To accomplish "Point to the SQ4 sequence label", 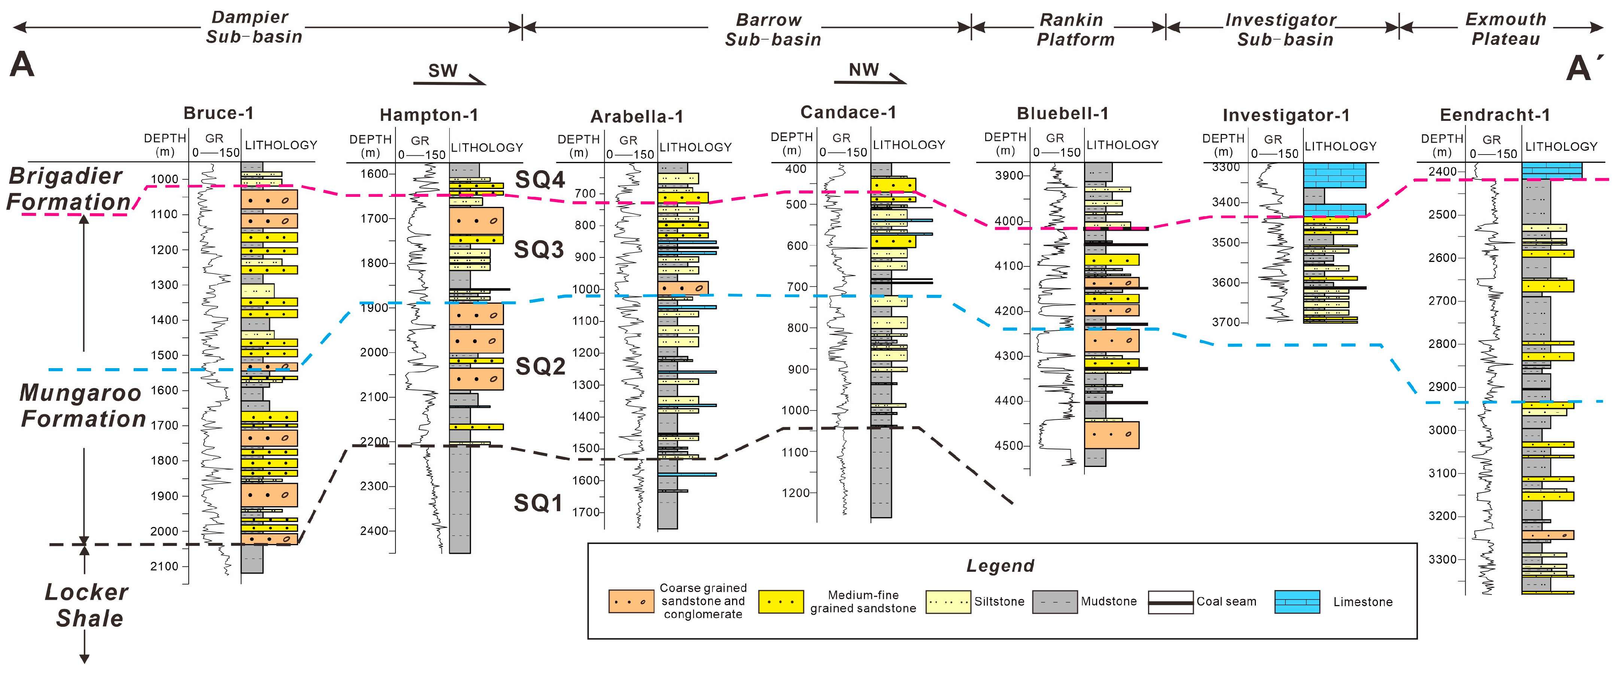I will [540, 180].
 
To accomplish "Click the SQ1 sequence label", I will [538, 503].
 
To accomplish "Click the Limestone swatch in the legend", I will [1297, 602].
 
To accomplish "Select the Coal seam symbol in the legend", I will [1170, 602].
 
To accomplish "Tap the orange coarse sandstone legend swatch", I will [631, 602].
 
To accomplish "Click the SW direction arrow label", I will [443, 71].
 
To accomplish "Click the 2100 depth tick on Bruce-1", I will [164, 566].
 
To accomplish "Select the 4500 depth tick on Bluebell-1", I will [1009, 446].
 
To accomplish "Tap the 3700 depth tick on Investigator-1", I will [1226, 322].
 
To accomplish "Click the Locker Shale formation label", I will [86, 605].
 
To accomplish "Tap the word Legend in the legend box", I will [1000, 566].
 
